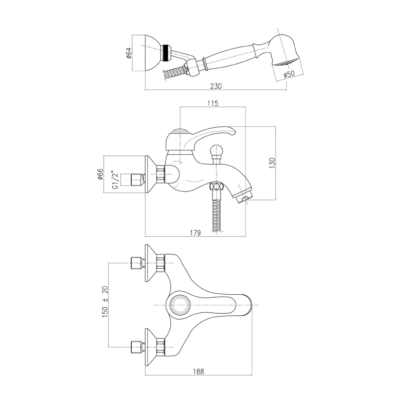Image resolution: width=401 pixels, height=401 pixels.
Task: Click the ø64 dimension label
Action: [129, 53]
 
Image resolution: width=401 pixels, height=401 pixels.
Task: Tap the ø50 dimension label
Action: [289, 74]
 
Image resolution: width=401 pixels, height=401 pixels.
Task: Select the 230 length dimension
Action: [216, 86]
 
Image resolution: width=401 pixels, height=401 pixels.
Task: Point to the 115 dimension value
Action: [213, 103]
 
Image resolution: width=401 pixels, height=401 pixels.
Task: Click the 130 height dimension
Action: [272, 163]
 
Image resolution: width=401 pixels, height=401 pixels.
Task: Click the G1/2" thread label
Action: [116, 180]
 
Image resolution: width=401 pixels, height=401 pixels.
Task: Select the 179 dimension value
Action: [195, 233]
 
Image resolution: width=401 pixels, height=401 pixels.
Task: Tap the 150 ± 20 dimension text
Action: [105, 302]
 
